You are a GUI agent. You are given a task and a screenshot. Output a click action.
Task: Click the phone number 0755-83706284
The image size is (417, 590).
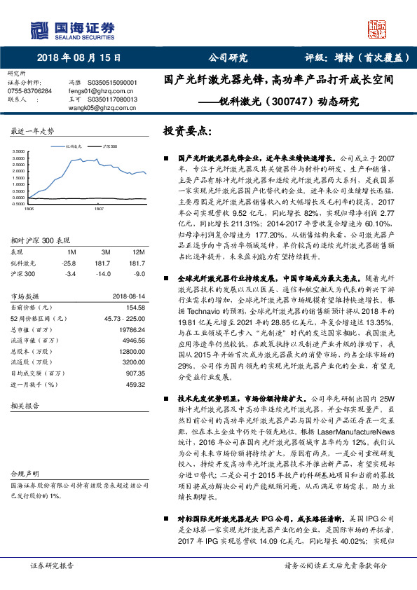(x=29, y=91)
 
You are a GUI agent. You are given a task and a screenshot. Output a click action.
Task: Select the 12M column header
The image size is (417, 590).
(x=138, y=251)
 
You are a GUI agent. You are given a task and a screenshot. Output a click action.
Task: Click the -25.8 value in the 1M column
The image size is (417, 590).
(x=69, y=262)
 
